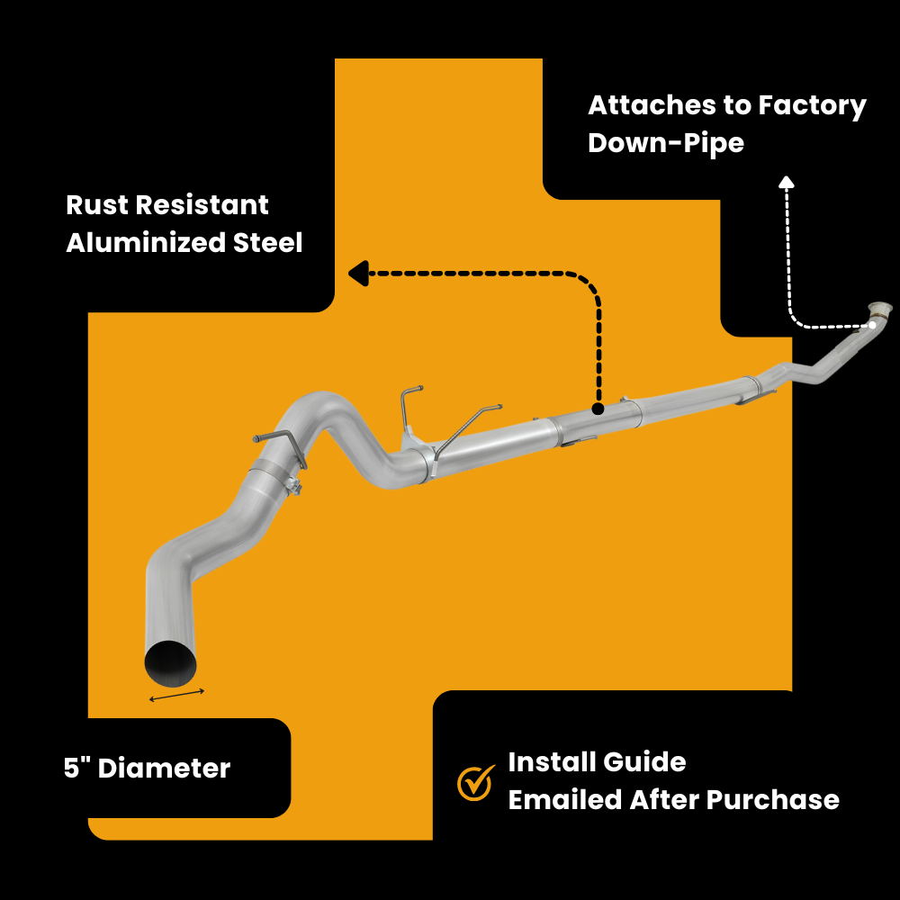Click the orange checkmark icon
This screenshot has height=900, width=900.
[476, 782]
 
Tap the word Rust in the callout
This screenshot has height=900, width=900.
[97, 205]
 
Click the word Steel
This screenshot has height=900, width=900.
[267, 243]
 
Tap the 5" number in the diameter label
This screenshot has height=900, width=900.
[76, 769]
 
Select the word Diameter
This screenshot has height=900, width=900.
[164, 769]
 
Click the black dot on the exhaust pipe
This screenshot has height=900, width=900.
[597, 409]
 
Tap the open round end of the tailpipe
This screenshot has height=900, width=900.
[170, 662]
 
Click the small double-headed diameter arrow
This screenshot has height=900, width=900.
[177, 695]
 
